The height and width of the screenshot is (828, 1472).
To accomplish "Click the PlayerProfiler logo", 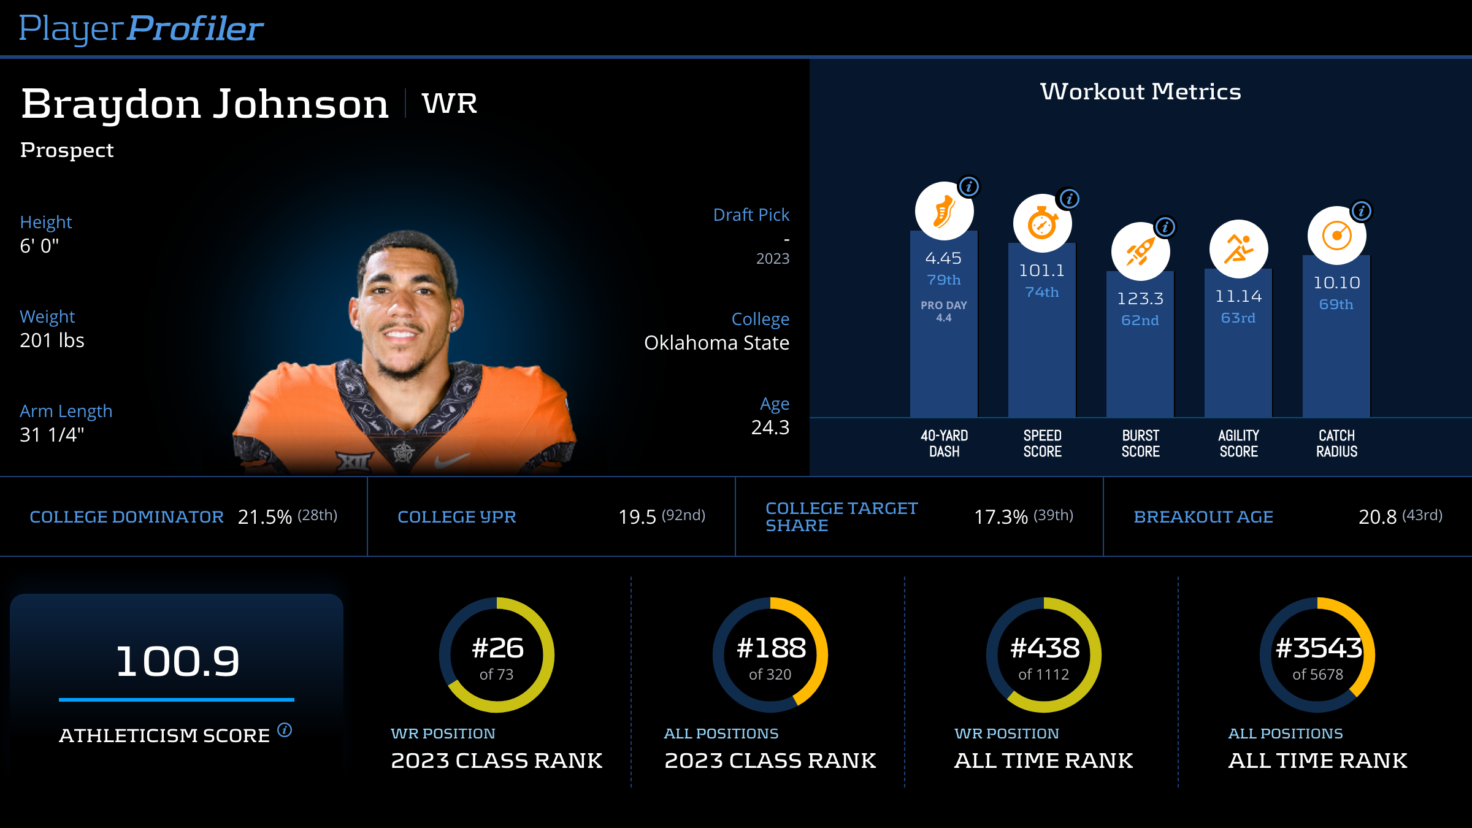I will click(x=141, y=28).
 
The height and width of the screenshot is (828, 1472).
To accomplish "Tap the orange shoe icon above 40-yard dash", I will click(x=944, y=211).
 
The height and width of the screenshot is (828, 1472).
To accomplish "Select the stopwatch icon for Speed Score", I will click(x=1042, y=223).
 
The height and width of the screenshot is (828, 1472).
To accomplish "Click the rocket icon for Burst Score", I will click(x=1140, y=251).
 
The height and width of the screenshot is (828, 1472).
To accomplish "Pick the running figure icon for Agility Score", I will click(x=1238, y=249).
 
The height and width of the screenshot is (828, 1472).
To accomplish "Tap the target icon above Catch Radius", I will click(x=1336, y=236).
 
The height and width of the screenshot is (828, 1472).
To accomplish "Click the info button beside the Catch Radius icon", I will click(x=1361, y=212).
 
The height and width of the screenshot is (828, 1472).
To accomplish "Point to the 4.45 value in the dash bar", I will click(x=943, y=258).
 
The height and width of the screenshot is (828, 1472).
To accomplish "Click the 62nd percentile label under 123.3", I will click(x=1140, y=320).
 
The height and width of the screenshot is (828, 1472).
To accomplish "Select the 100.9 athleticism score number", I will click(x=177, y=661).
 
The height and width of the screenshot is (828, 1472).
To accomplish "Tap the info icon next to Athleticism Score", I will click(x=285, y=730).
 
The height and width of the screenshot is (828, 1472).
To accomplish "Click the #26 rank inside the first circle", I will click(x=497, y=648).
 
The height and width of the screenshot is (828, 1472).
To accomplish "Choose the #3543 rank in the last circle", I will click(x=1318, y=648).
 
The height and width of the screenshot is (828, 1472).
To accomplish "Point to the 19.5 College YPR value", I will click(x=637, y=517).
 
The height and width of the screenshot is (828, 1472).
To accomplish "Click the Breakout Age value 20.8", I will click(x=1378, y=517).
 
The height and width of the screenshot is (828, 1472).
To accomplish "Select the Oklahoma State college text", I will click(x=716, y=343).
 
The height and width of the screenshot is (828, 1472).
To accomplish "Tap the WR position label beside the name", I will click(x=450, y=103).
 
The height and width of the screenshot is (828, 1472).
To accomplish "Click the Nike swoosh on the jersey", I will click(x=451, y=459).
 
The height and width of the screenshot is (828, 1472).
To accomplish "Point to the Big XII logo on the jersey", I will click(x=354, y=460).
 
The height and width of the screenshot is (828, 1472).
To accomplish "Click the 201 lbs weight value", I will click(x=52, y=340).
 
